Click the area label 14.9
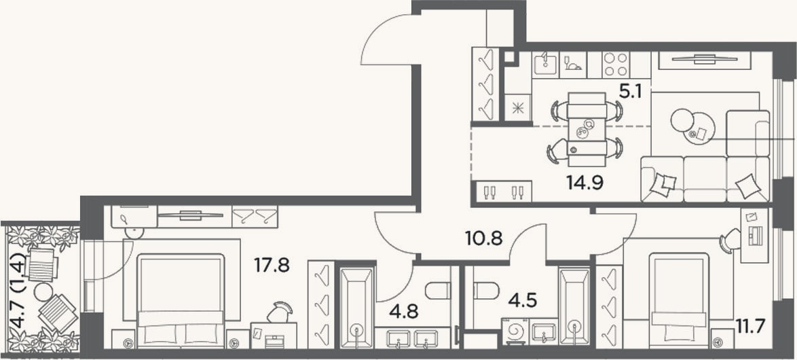pos(585,181)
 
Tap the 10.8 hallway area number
pos(484,238)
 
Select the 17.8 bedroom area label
pos(272,264)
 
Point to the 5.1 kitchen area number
pos(631,92)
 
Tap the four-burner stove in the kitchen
pos(615,65)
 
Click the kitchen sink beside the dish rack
pos(545,65)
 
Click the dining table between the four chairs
pos(587,129)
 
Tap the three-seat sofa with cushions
pos(705,179)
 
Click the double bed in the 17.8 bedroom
pos(181,300)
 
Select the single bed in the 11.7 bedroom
pos(679,300)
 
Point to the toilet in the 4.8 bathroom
pos(438,291)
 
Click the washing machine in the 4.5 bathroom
pos(515,331)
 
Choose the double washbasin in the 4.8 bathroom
pos(412,338)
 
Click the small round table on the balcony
pos(43,292)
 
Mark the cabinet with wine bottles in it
pos(502,192)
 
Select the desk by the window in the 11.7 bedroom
pos(754,236)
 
